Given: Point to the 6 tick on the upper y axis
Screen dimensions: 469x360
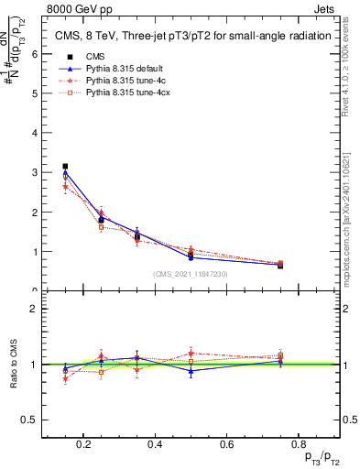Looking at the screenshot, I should click(x=34, y=53).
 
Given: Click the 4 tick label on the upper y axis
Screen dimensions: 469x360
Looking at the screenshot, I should click(x=34, y=132).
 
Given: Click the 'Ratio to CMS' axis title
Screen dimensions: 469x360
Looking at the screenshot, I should click(x=14, y=364).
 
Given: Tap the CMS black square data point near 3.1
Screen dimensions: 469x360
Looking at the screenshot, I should click(x=64, y=167).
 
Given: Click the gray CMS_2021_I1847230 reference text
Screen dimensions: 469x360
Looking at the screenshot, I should click(x=191, y=274).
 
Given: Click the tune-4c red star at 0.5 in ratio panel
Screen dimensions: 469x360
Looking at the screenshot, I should click(x=191, y=353).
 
